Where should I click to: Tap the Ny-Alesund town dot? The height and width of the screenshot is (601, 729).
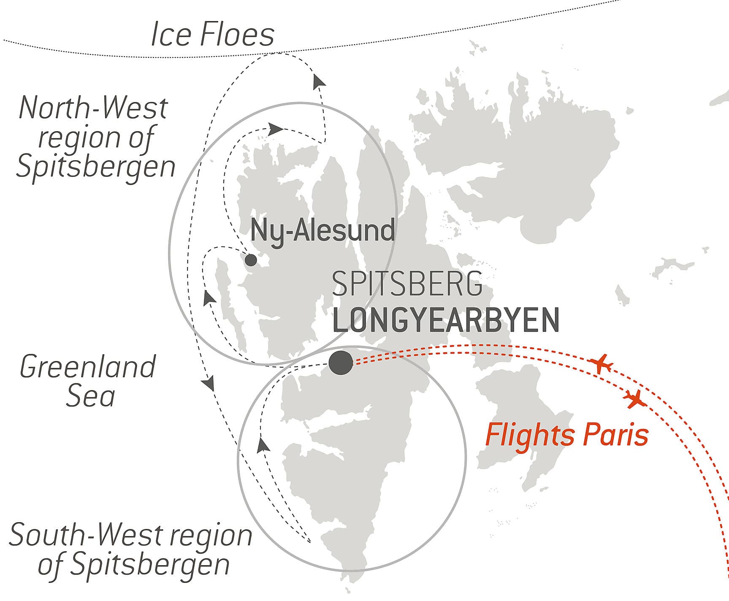(x=251, y=260)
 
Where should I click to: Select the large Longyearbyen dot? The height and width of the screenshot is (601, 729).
(x=341, y=362)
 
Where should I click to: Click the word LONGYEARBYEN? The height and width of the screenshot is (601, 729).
(x=446, y=320)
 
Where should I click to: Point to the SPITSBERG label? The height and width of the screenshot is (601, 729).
(x=407, y=284)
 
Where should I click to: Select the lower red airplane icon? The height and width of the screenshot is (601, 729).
(x=634, y=399)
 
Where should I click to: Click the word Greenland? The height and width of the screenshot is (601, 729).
(x=88, y=367)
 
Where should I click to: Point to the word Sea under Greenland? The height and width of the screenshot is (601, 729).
(x=90, y=396)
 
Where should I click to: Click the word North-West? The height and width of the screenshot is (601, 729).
(x=93, y=108)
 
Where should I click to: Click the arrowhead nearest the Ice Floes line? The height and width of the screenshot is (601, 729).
(x=319, y=81)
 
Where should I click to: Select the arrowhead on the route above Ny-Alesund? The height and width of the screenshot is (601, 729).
(x=275, y=129)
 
